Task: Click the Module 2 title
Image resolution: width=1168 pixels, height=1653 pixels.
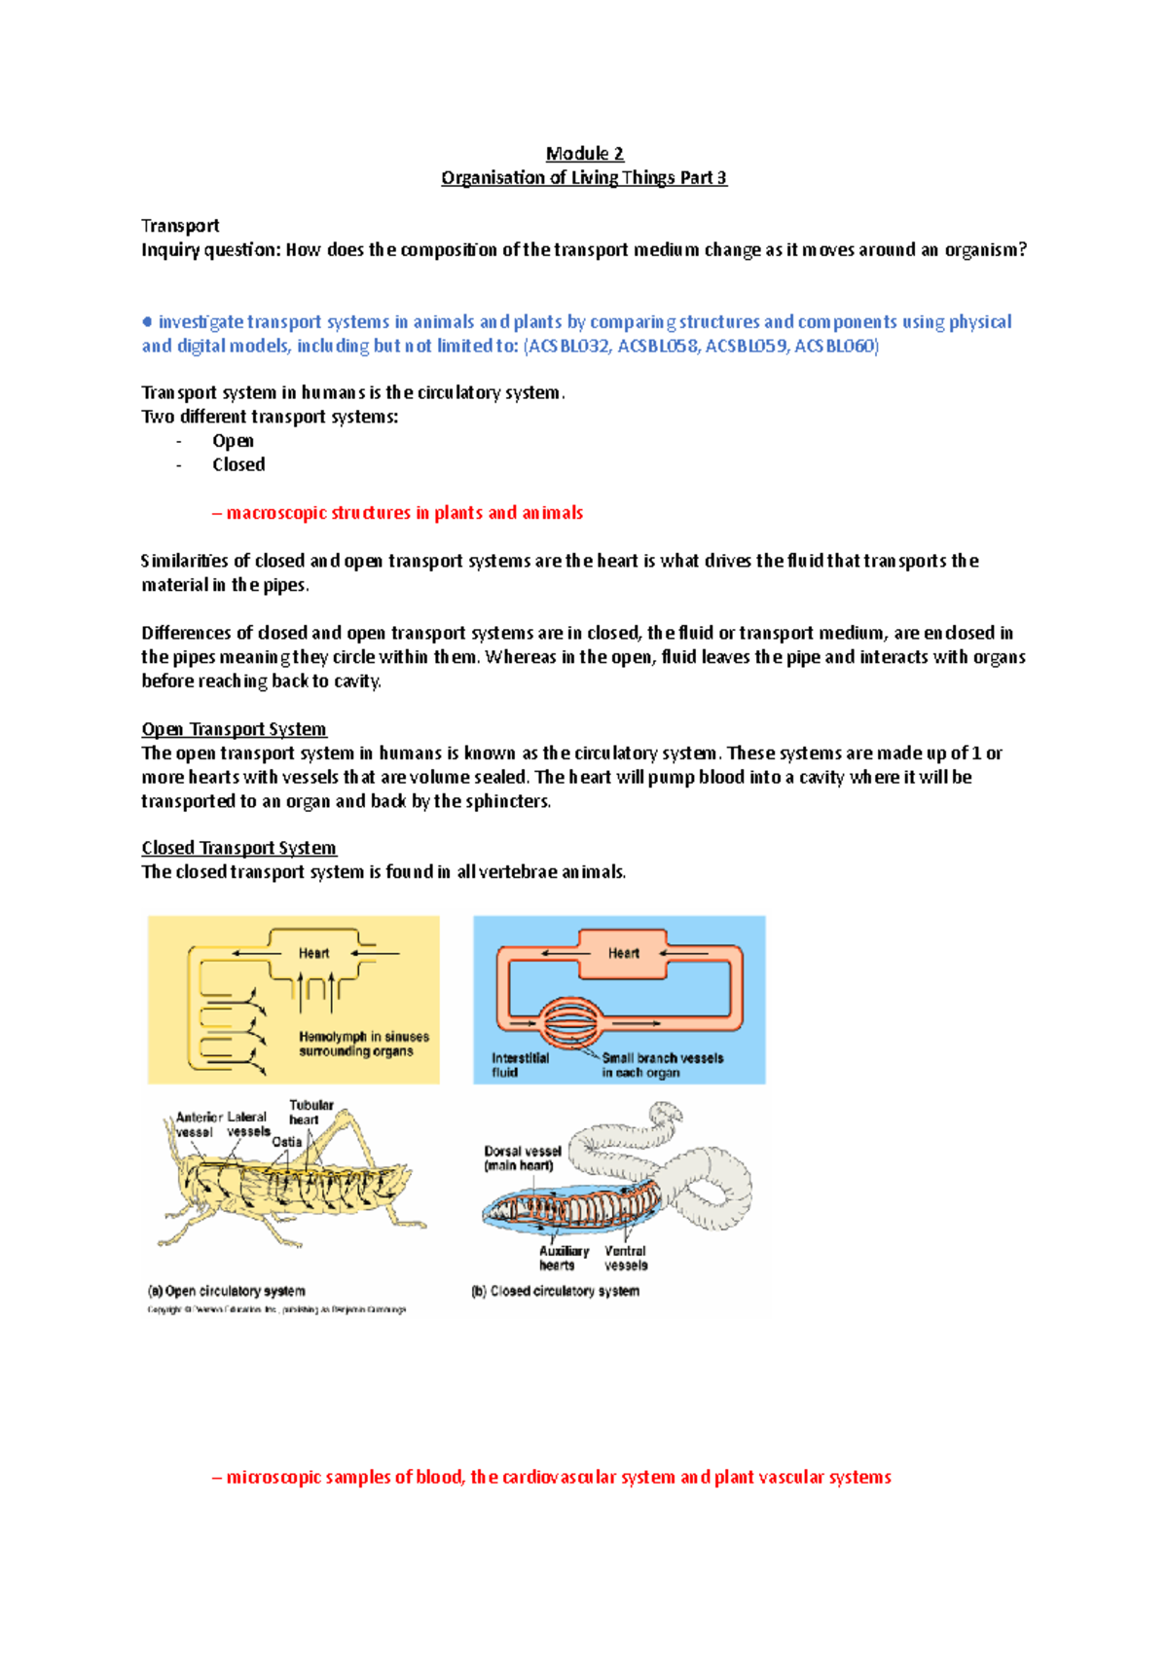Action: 584,154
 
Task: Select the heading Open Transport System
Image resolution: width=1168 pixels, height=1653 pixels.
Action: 234,729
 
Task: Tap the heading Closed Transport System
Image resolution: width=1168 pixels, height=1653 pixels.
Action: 238,848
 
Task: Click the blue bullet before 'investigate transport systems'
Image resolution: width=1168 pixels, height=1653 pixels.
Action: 147,321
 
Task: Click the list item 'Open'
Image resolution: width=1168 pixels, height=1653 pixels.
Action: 233,441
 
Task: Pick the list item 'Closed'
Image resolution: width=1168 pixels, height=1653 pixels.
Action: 238,464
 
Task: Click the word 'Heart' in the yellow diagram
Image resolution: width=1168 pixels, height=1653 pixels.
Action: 313,953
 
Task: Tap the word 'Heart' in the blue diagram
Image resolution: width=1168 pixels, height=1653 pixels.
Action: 623,953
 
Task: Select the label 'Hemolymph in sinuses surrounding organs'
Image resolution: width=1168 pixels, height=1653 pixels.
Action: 363,1044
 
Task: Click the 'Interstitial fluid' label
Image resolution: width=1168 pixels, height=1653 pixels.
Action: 520,1065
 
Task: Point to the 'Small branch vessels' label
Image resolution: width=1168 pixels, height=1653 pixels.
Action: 662,1058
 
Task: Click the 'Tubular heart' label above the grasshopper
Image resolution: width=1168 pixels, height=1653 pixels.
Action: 310,1112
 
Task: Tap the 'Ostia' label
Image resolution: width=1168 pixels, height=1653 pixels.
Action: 286,1142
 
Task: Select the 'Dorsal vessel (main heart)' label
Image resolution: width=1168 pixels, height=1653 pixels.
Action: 523,1157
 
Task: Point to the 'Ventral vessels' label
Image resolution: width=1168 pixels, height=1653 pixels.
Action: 625,1258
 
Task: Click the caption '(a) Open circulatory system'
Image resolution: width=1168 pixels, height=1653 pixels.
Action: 226,1291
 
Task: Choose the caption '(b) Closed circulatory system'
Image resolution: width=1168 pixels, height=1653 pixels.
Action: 555,1291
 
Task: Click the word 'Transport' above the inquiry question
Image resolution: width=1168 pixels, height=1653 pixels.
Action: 180,226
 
